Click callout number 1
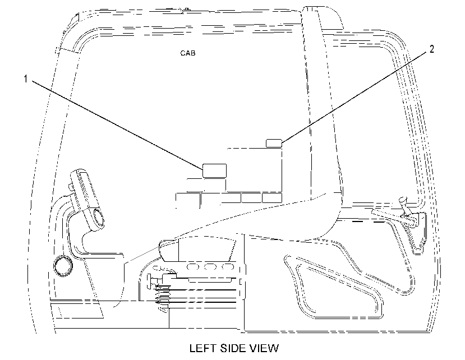pyautogui.click(x=26, y=79)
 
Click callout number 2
pyautogui.click(x=432, y=49)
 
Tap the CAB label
pyautogui.click(x=188, y=53)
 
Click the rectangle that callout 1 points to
pyautogui.click(x=214, y=170)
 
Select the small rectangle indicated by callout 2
pyautogui.click(x=274, y=143)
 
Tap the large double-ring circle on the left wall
pyautogui.click(x=63, y=265)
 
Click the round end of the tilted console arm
pyautogui.click(x=98, y=219)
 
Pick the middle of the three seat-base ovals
pyautogui.click(x=210, y=267)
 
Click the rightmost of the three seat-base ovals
pyautogui.click(x=228, y=267)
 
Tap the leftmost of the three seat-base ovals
pyautogui.click(x=192, y=267)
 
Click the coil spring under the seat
pyautogui.click(x=163, y=297)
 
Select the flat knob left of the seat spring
pyautogui.click(x=149, y=281)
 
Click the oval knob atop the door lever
pyautogui.click(x=403, y=200)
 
